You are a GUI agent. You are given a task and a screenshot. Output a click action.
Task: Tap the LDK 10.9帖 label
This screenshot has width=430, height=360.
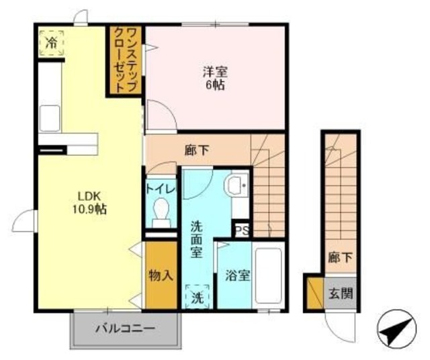[89, 202]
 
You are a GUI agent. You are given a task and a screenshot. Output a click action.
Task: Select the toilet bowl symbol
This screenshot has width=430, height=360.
[161, 214]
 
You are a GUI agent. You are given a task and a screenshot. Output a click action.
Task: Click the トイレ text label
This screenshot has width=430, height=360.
[161, 189]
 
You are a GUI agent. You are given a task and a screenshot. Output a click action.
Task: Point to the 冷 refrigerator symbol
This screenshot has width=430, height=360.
[51, 42]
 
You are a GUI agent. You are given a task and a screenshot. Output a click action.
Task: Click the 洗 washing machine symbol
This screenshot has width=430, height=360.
[197, 296]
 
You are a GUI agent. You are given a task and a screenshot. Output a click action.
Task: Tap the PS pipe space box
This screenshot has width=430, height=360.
[242, 230]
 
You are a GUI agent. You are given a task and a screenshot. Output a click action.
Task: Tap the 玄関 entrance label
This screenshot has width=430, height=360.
[340, 293]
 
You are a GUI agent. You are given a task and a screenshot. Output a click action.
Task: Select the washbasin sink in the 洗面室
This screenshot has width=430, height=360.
[236, 185]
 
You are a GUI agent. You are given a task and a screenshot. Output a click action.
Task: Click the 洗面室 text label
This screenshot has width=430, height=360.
[197, 238]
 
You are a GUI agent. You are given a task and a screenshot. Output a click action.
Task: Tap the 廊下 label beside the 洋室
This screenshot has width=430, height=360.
[196, 151]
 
